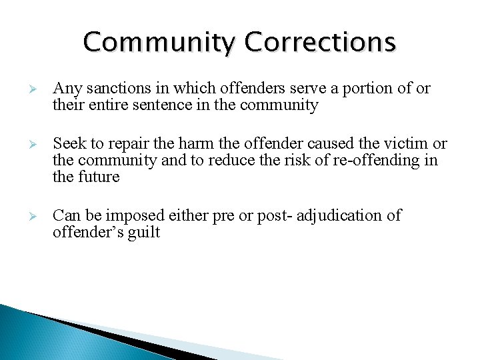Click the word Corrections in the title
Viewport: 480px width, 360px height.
[320, 43]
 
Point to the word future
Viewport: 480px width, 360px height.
[97, 177]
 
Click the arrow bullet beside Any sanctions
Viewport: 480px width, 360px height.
[38, 89]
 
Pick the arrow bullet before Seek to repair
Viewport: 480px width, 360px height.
[38, 144]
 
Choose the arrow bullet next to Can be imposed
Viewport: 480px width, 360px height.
[38, 216]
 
